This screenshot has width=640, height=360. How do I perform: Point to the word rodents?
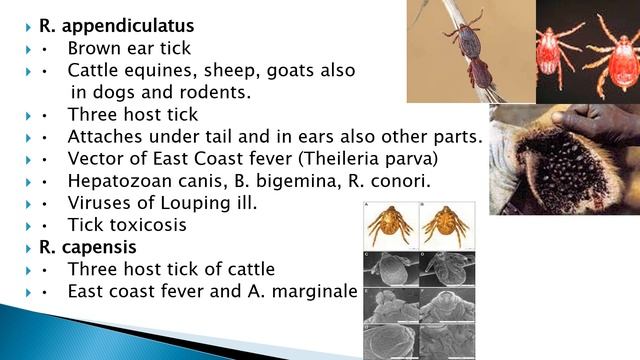(x=219, y=92)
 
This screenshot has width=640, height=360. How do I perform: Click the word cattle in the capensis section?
(x=249, y=269)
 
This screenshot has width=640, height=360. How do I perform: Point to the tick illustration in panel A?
(x=390, y=226)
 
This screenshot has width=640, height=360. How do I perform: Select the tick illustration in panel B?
(x=447, y=226)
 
